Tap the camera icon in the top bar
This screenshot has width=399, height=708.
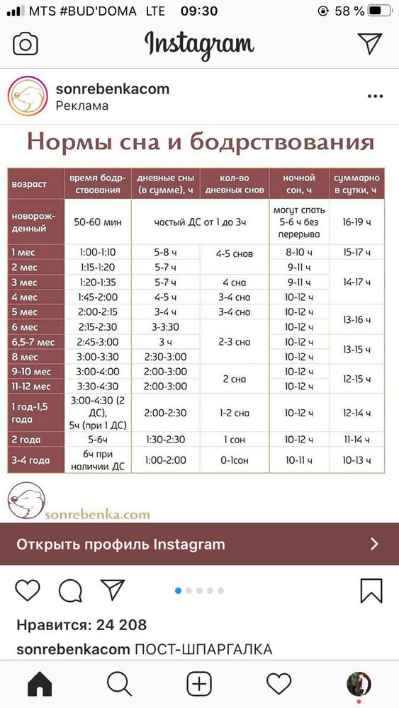[x=26, y=44]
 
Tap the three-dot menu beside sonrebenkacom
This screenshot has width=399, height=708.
[x=375, y=96]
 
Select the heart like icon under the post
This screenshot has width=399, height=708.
[x=28, y=590]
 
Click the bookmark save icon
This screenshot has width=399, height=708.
[x=371, y=590]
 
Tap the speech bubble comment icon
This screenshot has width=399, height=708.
[x=70, y=590]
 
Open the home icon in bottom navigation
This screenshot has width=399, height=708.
[x=40, y=684]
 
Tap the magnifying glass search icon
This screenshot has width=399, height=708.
[x=120, y=684]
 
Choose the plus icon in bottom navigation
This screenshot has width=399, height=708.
[x=199, y=684]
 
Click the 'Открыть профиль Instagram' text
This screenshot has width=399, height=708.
[x=120, y=544]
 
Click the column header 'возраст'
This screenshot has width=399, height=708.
[x=29, y=184]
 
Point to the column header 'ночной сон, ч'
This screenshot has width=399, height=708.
[x=298, y=184]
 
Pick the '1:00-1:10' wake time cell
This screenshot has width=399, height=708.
[x=98, y=252]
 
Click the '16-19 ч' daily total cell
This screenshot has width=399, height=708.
[x=356, y=222]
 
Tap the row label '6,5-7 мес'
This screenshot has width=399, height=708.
[x=33, y=342]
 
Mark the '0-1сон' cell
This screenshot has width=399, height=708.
[x=235, y=460]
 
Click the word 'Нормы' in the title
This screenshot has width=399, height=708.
[x=66, y=142]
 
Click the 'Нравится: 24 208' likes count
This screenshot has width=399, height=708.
[x=82, y=624]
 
